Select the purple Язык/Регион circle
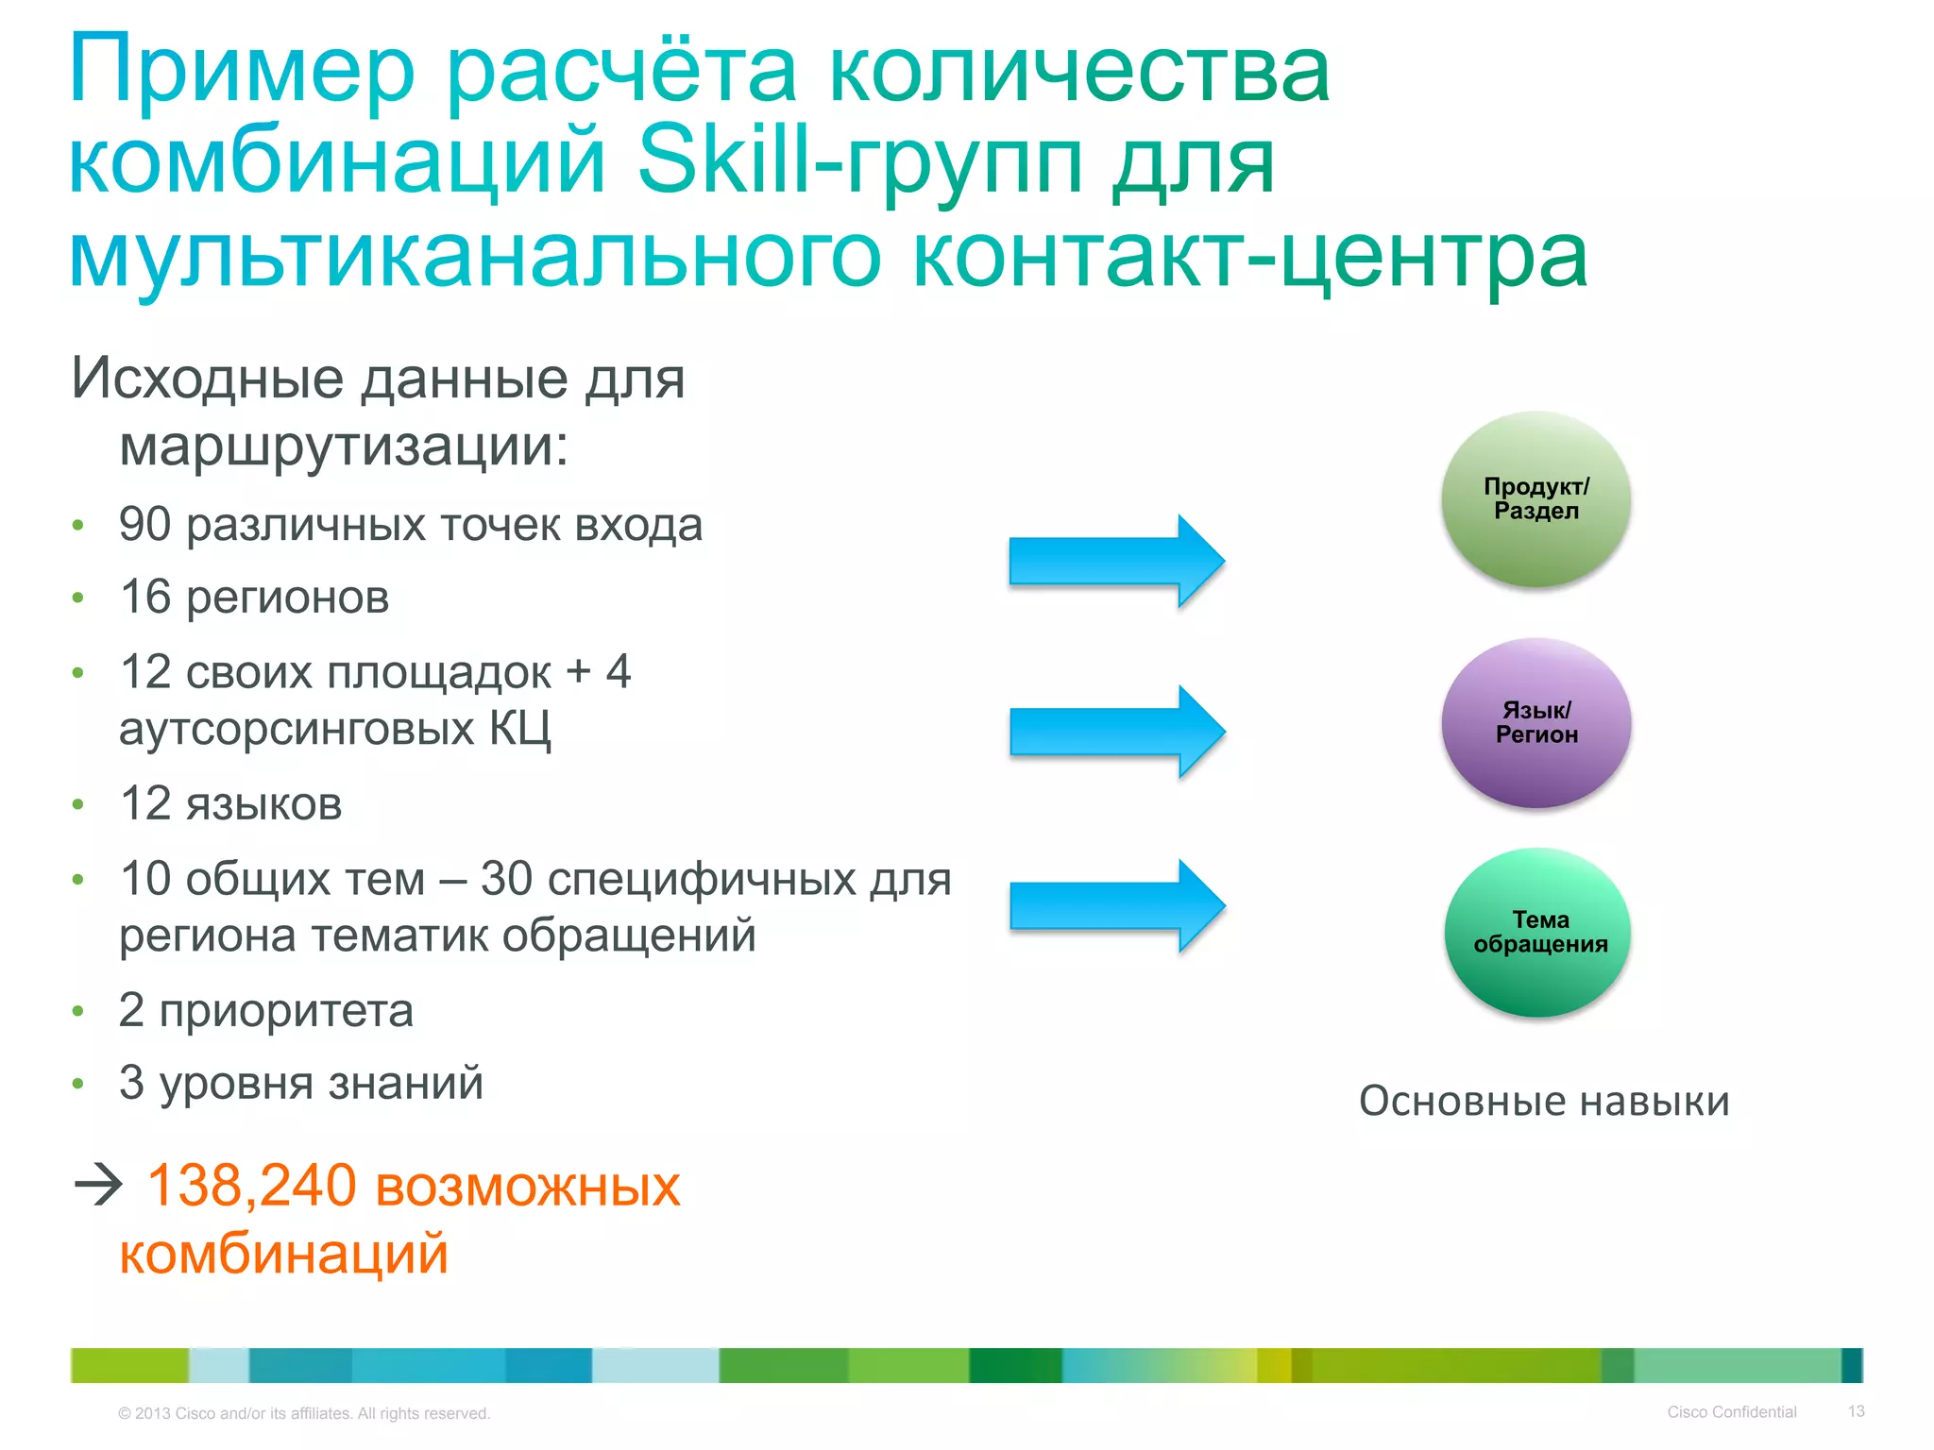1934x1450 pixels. [1536, 722]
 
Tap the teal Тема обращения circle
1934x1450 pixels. [1539, 932]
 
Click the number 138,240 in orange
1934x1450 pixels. [251, 1185]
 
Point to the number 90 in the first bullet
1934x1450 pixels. [144, 525]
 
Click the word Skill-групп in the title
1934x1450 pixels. [858, 160]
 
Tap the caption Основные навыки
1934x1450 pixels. [1544, 1101]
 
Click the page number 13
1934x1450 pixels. [1856, 1411]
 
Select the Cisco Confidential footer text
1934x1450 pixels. [1731, 1412]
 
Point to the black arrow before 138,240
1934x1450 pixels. [98, 1185]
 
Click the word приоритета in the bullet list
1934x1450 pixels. [286, 1011]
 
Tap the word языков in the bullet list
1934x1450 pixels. [263, 804]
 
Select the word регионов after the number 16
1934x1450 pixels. [287, 598]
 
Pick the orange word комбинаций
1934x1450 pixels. [283, 1254]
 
